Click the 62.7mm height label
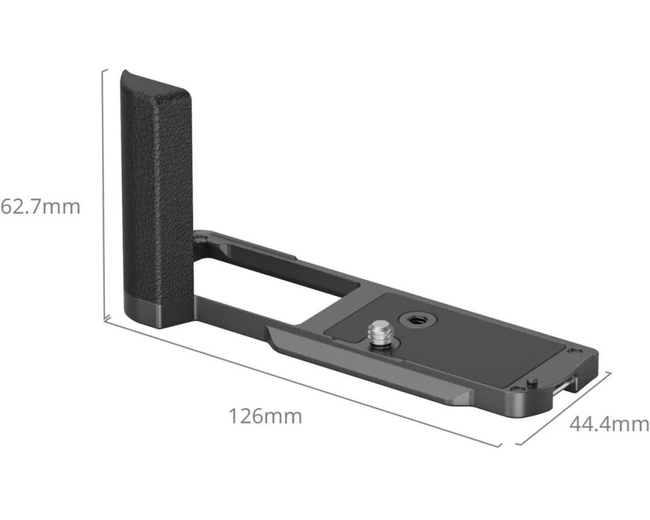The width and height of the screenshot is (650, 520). (x=40, y=207)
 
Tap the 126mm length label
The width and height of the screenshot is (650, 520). (x=265, y=417)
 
